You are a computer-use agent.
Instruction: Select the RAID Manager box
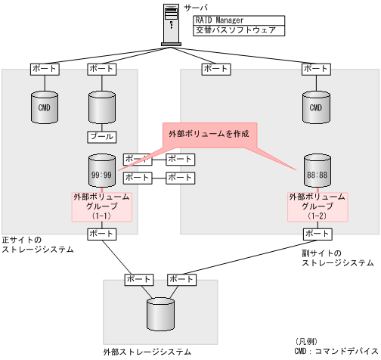[234, 20]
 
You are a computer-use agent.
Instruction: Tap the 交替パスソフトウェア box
[234, 31]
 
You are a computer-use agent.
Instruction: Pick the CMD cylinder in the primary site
[44, 107]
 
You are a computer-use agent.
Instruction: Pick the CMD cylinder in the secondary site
[315, 107]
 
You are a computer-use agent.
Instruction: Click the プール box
[101, 137]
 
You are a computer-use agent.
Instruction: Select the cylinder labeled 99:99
[101, 172]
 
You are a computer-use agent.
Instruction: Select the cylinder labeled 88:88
[315, 172]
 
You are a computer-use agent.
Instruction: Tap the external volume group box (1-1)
[101, 206]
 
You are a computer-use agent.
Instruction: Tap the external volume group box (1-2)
[315, 206]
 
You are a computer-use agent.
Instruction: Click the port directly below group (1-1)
[101, 234]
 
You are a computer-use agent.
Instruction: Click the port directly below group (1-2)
[315, 234]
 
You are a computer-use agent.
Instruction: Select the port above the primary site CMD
[44, 69]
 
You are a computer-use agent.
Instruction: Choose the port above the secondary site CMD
[315, 69]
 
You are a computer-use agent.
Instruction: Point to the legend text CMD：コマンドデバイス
[337, 350]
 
